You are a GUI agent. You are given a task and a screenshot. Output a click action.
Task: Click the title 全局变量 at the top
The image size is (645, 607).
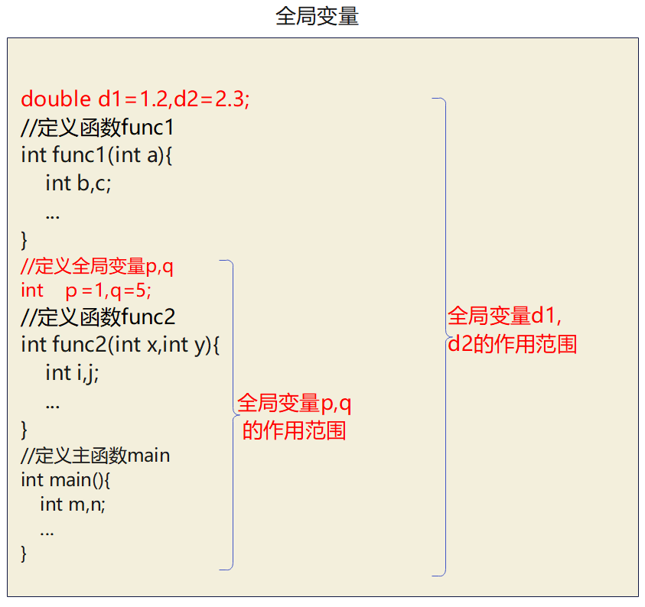[x=317, y=17]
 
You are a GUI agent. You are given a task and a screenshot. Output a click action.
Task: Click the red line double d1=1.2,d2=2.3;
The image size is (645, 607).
[x=135, y=99]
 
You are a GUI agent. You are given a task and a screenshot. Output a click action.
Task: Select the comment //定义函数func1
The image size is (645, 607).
[x=98, y=127]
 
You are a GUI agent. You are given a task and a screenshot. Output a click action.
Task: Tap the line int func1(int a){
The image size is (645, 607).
[x=98, y=155]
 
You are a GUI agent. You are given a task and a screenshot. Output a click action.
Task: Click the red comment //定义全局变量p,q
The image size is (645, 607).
[x=97, y=267]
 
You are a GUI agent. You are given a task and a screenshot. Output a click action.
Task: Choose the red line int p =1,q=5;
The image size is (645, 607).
[x=86, y=291]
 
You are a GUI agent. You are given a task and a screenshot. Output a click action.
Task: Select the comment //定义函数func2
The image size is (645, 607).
[x=98, y=316]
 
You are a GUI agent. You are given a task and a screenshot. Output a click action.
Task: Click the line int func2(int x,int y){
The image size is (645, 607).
[x=120, y=345]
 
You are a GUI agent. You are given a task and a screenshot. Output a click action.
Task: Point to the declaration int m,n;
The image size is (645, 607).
[x=72, y=504]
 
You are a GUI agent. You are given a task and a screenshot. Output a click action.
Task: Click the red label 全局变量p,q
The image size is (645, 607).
[x=295, y=404]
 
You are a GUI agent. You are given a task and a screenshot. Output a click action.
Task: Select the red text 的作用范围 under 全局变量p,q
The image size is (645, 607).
[x=294, y=431]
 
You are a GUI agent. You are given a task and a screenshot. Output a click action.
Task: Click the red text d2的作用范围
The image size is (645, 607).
[x=512, y=344]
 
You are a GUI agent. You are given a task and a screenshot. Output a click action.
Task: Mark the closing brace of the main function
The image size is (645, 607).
[x=24, y=553]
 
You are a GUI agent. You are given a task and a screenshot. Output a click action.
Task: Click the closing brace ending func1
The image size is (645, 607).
[x=24, y=241]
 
